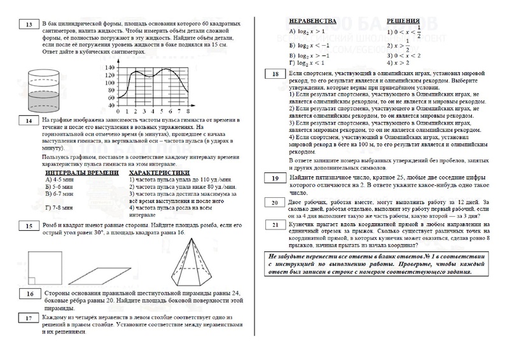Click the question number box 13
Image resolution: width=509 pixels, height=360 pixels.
click(x=29, y=25)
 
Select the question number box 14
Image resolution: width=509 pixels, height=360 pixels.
click(x=29, y=120)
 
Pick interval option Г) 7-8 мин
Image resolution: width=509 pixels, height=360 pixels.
click(x=62, y=207)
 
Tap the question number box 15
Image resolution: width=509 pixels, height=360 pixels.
click(x=29, y=226)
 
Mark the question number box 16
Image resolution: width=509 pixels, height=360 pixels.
click(x=29, y=294)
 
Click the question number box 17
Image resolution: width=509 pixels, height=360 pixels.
click(x=29, y=318)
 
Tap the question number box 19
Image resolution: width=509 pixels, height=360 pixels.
click(x=274, y=179)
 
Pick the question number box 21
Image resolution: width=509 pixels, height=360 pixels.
click(x=274, y=224)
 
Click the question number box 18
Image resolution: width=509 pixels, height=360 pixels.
click(x=274, y=75)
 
